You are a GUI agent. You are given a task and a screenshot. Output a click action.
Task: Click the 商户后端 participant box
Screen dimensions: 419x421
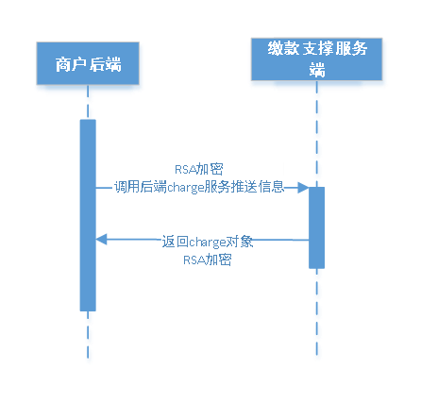(89, 66)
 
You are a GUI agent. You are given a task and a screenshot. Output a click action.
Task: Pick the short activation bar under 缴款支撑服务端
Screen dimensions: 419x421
(316, 226)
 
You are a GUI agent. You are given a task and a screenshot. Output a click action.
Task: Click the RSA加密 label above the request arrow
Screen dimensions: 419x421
(198, 170)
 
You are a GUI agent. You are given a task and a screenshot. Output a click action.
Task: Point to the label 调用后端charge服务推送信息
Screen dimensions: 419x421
(198, 187)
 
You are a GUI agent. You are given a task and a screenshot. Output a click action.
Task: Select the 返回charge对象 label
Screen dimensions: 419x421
(205, 242)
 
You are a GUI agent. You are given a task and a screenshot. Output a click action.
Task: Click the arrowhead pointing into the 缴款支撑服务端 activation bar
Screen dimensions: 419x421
(303, 188)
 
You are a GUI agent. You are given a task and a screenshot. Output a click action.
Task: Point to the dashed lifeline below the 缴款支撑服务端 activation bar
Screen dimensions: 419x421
(316, 311)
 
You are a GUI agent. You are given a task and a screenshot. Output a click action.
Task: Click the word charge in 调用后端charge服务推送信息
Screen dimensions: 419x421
(187, 187)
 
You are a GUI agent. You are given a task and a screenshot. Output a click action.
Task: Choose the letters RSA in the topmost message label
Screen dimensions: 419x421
(186, 170)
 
